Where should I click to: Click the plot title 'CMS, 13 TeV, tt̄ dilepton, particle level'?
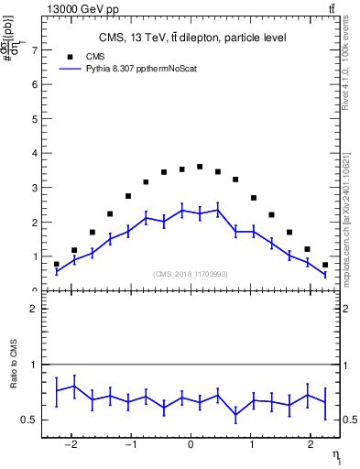click(192, 38)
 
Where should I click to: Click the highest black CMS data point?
click(200, 167)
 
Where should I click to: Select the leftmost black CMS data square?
click(56, 264)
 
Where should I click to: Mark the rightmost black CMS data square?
click(325, 265)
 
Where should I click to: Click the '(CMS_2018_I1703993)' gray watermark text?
click(191, 274)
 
